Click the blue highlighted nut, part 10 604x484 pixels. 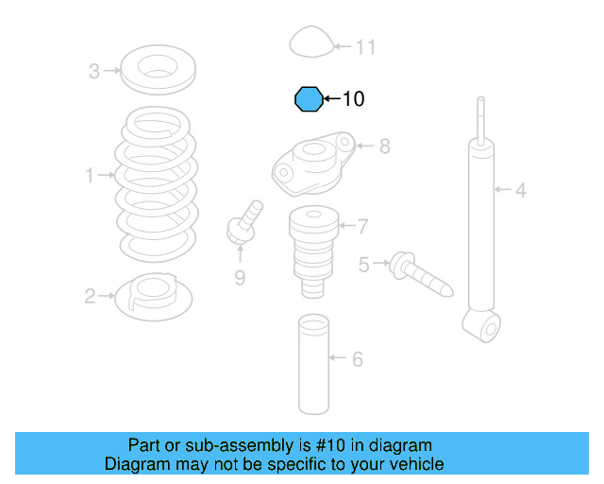307,98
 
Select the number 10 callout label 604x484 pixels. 352,98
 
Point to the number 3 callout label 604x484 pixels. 93,71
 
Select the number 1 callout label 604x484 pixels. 91,175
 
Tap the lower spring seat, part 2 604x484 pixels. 154,296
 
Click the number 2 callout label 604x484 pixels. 90,297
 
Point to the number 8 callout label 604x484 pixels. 384,147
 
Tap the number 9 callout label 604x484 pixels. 240,277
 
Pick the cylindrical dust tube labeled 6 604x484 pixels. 312,365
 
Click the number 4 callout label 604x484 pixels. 520,192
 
